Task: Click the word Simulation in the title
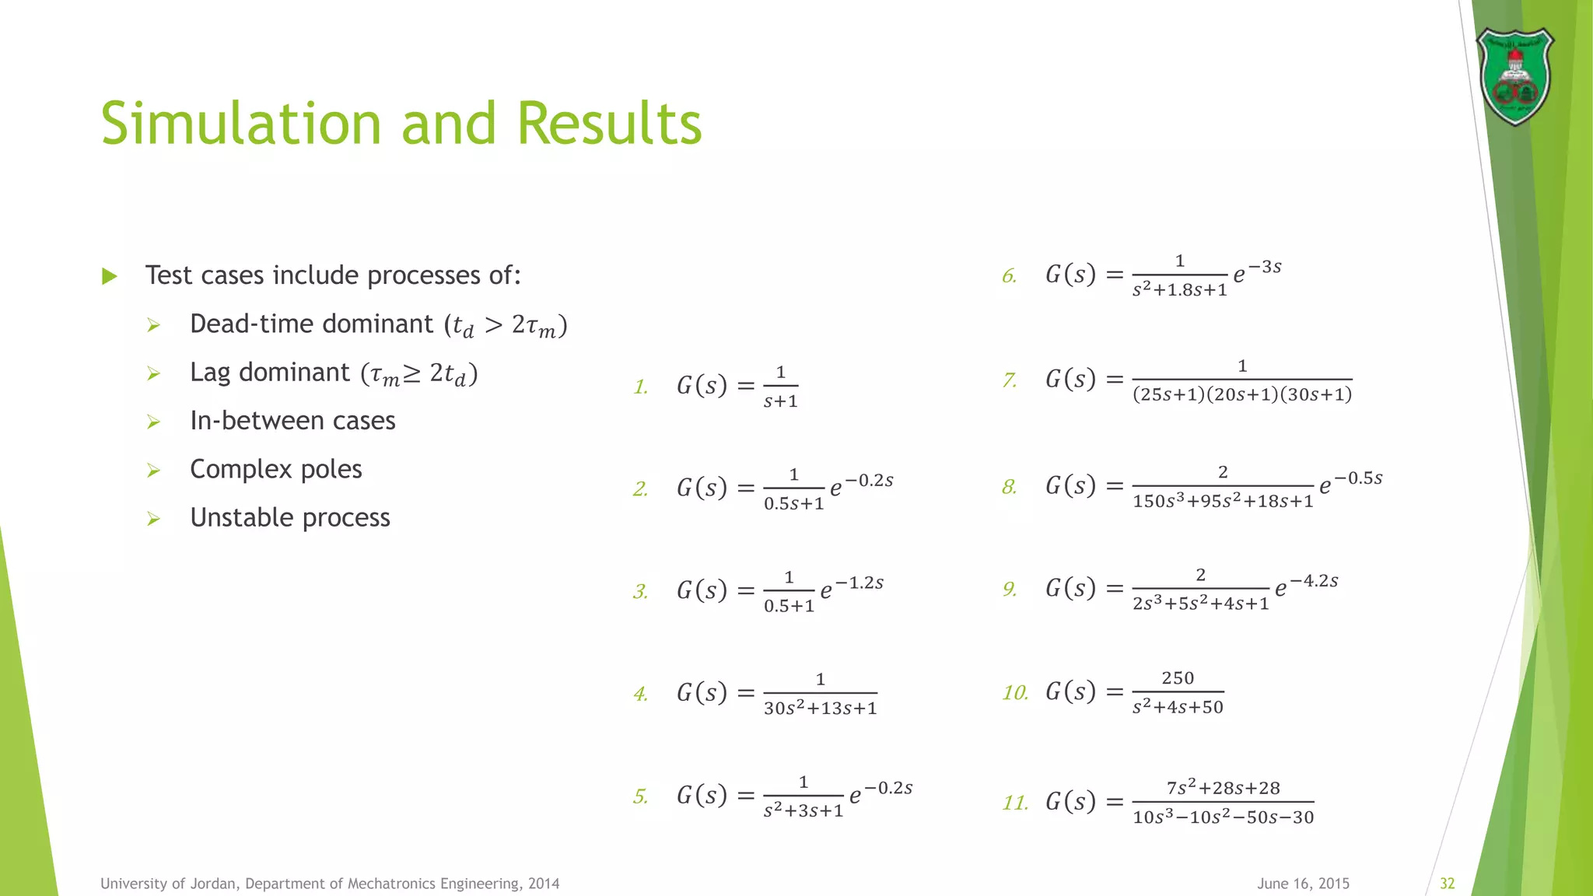coord(241,124)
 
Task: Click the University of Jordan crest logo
coord(1514,76)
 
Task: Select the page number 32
coord(1447,884)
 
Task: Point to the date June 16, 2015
coord(1303,884)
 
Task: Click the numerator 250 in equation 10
coord(1178,678)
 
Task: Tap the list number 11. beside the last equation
coord(1015,802)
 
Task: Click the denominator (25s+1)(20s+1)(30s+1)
coord(1242,395)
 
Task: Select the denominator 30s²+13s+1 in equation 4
coord(820,709)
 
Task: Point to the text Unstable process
coord(290,517)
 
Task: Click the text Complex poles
coord(276,469)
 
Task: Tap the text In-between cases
coord(292,421)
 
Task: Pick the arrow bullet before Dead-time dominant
coord(153,324)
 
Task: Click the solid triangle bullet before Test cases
coord(110,276)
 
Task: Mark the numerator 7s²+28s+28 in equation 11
coord(1223,788)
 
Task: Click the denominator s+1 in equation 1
coord(780,401)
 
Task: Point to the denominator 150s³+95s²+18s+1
coord(1223,502)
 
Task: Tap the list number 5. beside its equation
coord(640,796)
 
